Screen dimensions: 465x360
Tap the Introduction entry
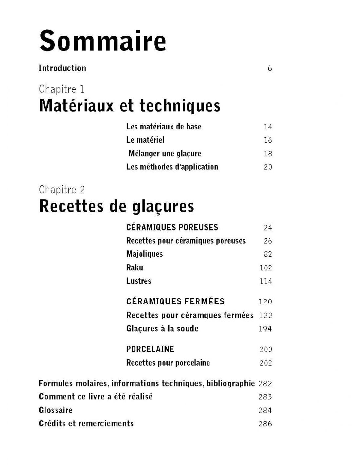(x=62, y=68)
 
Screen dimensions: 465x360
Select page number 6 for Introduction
(x=270, y=68)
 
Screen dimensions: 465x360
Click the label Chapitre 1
(x=62, y=89)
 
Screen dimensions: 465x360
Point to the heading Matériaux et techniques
(x=130, y=106)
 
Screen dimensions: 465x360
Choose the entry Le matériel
(x=145, y=140)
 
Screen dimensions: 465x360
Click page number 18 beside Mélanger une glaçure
(x=268, y=154)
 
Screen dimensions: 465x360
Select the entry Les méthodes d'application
(x=172, y=167)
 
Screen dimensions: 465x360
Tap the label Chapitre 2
(x=62, y=189)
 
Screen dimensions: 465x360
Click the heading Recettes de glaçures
(x=117, y=206)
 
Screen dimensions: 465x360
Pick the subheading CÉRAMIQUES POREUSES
(x=172, y=227)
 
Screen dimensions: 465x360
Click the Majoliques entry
(x=144, y=254)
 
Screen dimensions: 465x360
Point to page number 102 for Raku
(x=265, y=268)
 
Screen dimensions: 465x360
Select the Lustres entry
(x=139, y=281)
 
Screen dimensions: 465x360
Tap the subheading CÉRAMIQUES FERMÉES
(x=175, y=301)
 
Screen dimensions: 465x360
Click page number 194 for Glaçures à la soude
(x=265, y=329)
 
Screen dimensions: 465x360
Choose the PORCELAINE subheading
(x=150, y=349)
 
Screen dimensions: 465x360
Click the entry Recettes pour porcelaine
(x=168, y=363)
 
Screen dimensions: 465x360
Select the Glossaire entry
(x=55, y=410)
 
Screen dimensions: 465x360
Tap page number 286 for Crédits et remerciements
(x=265, y=424)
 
